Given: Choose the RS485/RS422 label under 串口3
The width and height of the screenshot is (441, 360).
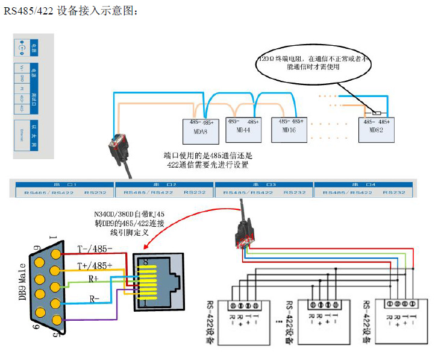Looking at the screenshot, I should [x=248, y=192].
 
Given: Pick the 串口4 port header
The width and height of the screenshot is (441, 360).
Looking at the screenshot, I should [x=363, y=183].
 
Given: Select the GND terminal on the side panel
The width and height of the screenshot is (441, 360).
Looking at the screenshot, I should [x=23, y=78].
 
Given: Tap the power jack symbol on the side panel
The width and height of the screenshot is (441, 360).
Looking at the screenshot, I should [x=23, y=48].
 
